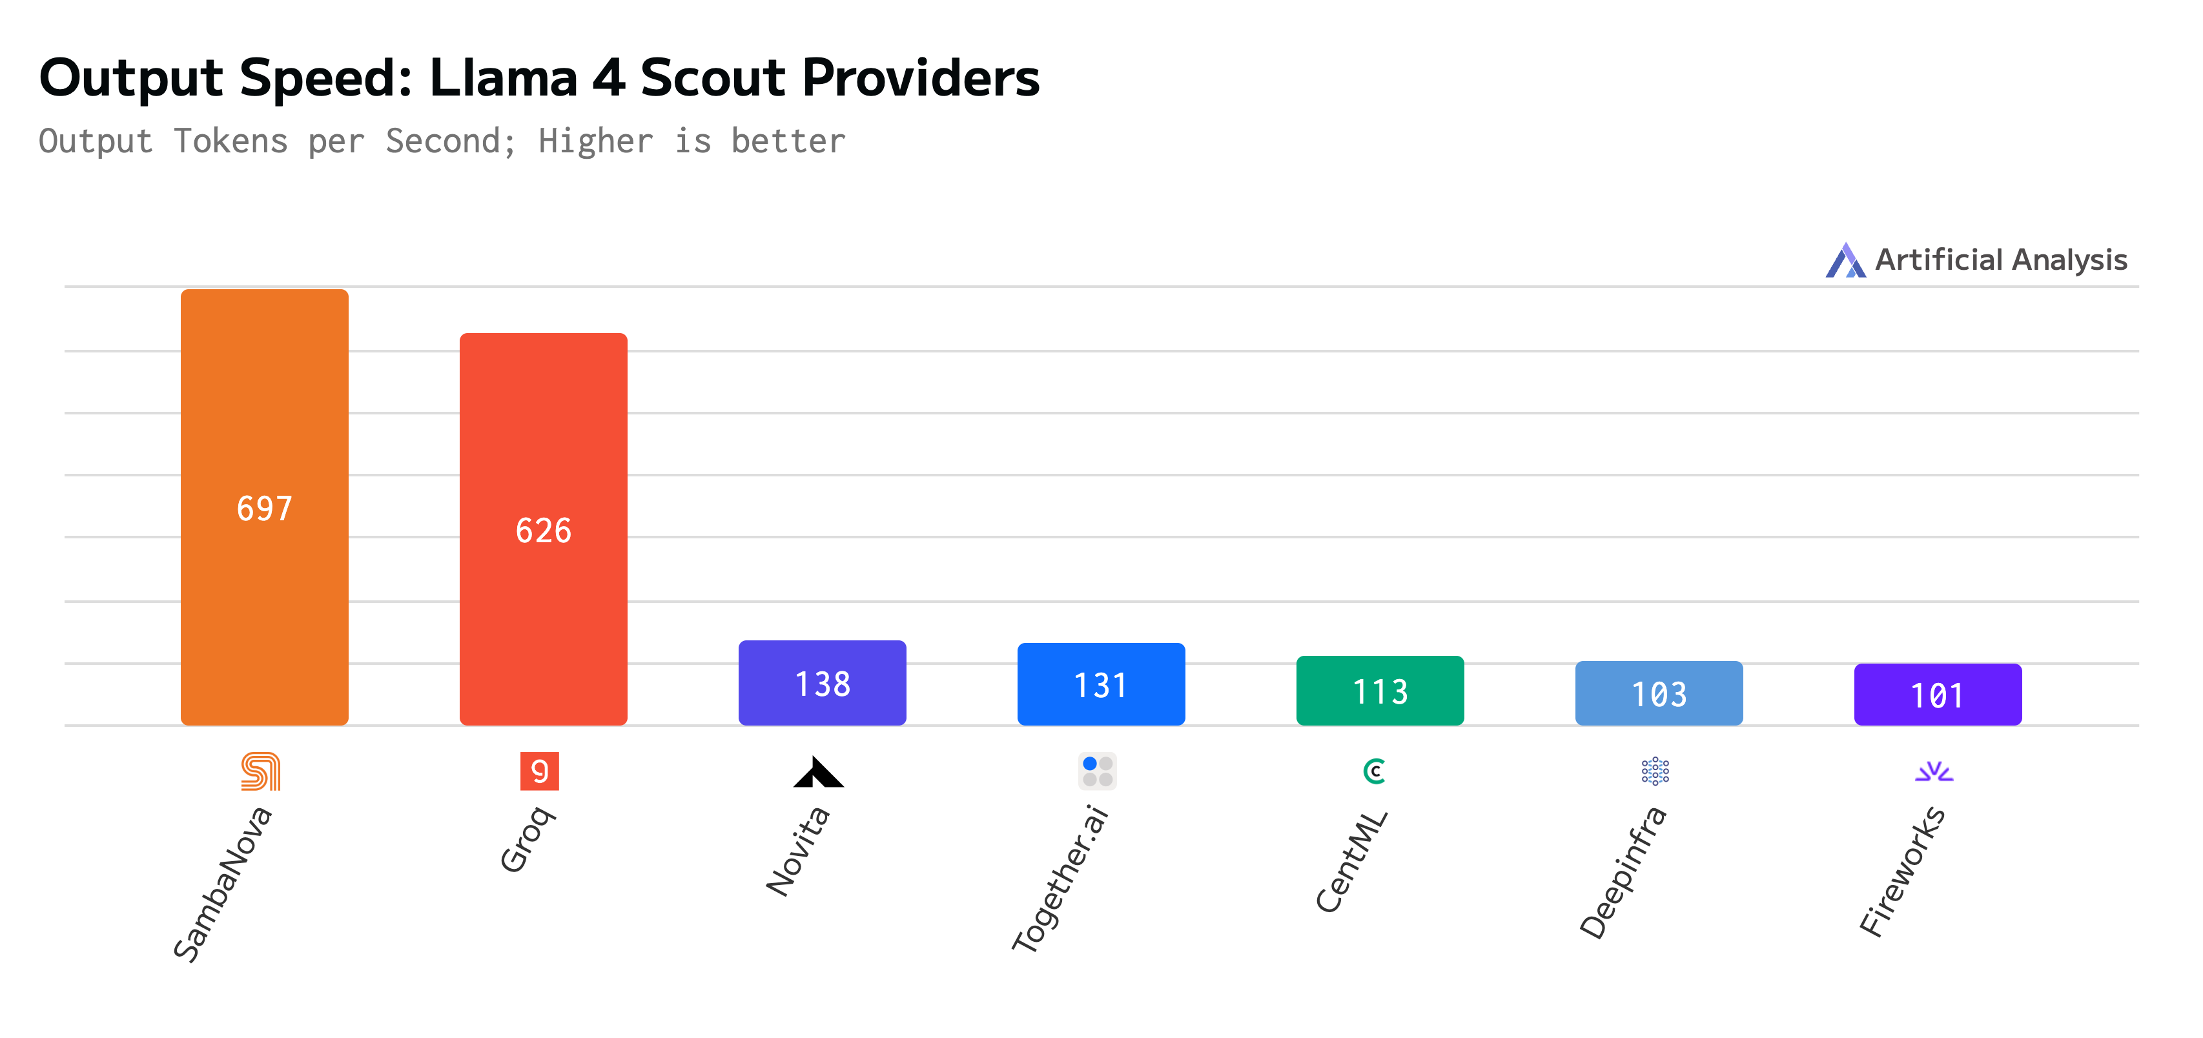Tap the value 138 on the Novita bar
click(x=822, y=684)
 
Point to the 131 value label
click(x=1101, y=686)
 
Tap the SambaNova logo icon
click(x=261, y=771)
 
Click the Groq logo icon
click(x=540, y=771)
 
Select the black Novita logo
click(x=819, y=772)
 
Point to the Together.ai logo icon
click(x=1097, y=771)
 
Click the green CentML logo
click(x=1375, y=771)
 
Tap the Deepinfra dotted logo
click(x=1655, y=771)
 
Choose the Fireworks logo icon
click(x=1934, y=772)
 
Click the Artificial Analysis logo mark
click(x=1845, y=260)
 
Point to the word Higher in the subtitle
click(x=596, y=141)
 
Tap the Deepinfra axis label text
click(x=1623, y=873)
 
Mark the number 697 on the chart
click(x=264, y=509)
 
